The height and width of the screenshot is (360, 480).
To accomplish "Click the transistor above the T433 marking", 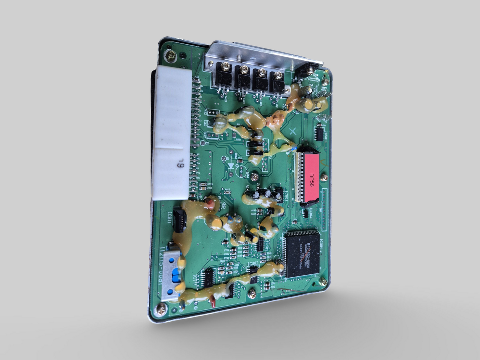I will point(221,78).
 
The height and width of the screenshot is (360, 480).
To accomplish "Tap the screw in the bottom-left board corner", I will point(162,311).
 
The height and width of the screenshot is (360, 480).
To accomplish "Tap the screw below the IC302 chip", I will point(253,293).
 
